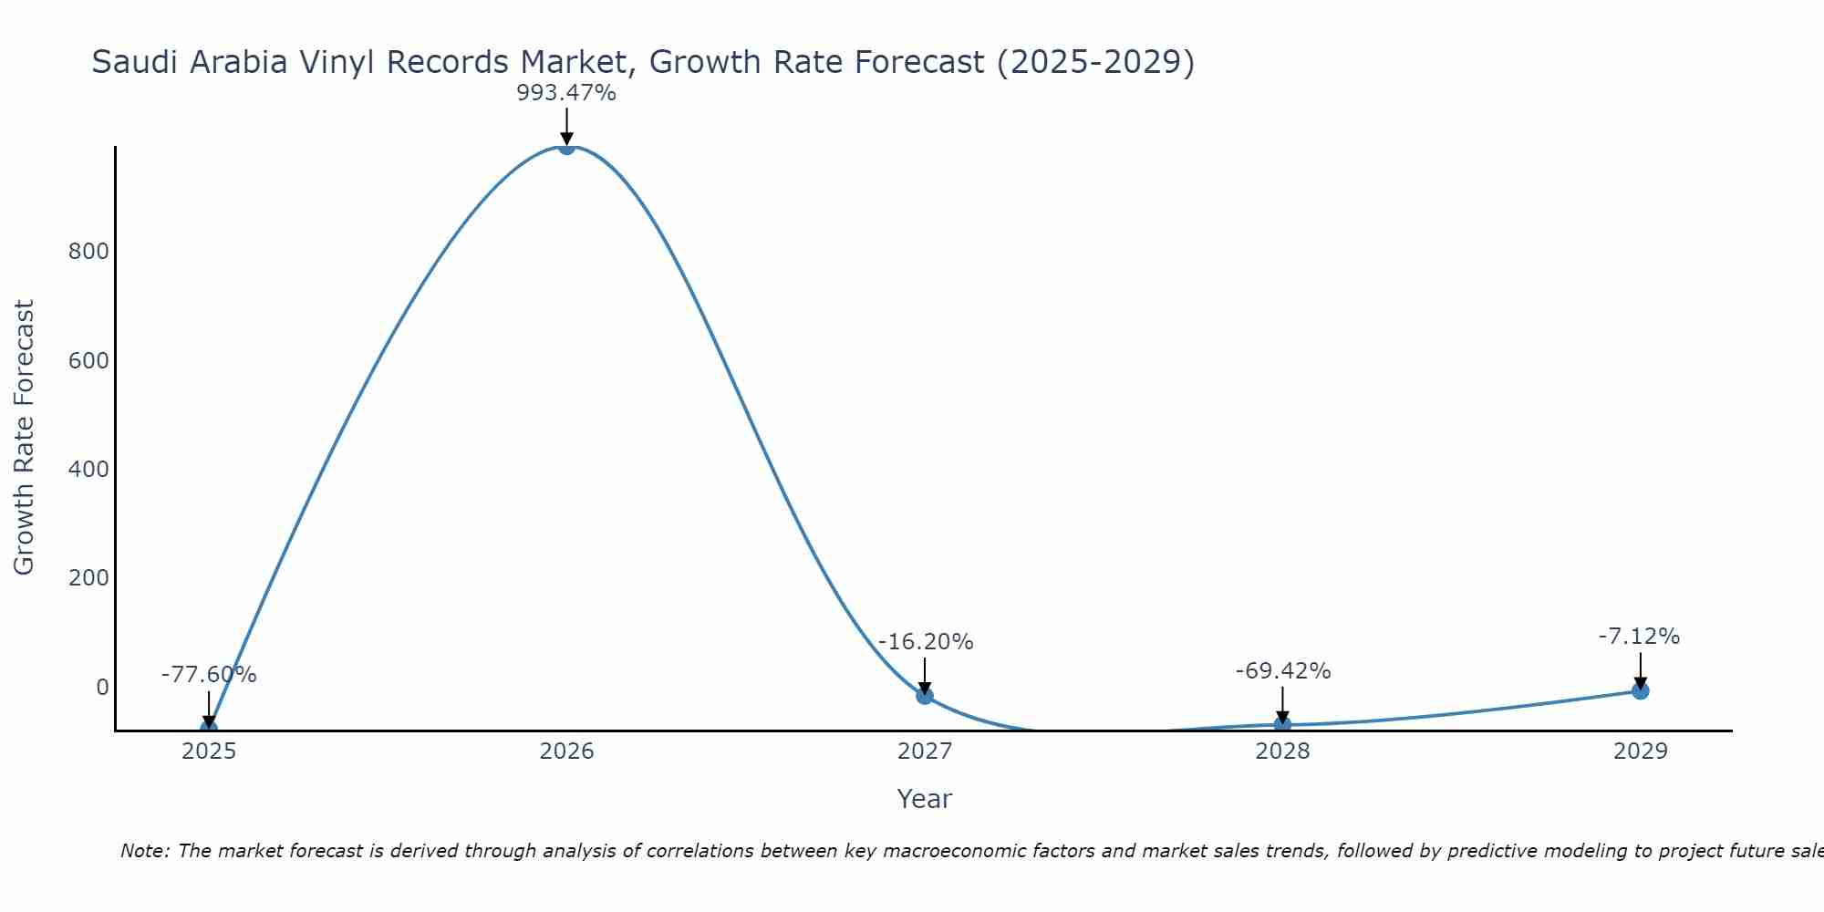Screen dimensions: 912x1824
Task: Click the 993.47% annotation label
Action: tap(566, 93)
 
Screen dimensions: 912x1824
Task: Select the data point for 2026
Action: tap(566, 147)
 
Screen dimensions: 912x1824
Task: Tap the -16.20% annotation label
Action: tap(926, 642)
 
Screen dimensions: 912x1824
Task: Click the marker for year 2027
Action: tap(925, 696)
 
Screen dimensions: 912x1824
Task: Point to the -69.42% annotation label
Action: tap(1283, 671)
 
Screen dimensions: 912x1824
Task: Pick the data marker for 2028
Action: tap(1282, 725)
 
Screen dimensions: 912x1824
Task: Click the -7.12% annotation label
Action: tap(1639, 637)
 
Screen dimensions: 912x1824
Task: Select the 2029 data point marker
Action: tap(1640, 691)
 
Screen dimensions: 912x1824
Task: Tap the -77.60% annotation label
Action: tap(209, 675)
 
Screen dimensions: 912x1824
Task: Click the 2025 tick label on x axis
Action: tap(209, 751)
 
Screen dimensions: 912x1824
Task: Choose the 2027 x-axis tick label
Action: tap(925, 751)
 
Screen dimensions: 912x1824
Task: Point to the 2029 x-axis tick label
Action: tap(1640, 751)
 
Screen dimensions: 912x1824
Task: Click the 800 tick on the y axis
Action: tap(88, 252)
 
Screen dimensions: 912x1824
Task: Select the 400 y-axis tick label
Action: tap(88, 470)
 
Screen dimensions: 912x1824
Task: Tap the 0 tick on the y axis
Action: tap(102, 687)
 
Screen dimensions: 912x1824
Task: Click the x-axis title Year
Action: tap(924, 799)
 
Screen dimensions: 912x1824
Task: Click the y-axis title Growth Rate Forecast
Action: tap(25, 438)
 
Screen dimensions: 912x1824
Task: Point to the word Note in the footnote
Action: tap(144, 851)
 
